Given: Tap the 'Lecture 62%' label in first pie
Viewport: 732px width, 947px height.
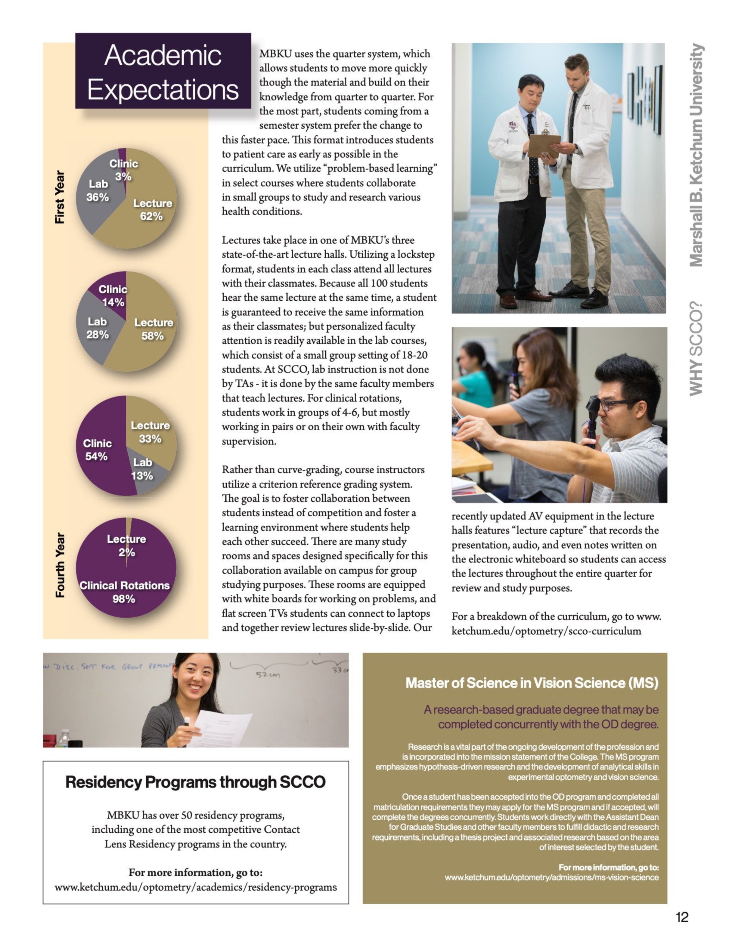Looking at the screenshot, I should coord(152,210).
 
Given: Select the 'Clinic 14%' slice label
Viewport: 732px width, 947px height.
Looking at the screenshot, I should coord(113,296).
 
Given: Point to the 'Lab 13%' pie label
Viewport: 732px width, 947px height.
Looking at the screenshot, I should coord(142,469).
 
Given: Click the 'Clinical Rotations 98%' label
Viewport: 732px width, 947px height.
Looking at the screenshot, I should coord(124,592).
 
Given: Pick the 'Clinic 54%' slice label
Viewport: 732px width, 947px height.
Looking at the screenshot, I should coord(97,450).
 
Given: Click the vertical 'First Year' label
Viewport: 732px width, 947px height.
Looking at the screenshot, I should coord(60,197).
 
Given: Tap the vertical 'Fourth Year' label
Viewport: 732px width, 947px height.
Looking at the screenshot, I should coord(60,565).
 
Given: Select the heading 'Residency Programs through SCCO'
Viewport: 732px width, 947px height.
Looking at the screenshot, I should coord(195,782).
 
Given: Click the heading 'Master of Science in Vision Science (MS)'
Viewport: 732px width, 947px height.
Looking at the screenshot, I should coord(532,683).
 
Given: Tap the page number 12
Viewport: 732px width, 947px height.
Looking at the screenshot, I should coord(682,917).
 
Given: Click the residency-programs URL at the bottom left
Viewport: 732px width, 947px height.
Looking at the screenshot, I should coord(195,887).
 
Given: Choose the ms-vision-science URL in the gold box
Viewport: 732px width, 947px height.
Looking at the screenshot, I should coord(552,877).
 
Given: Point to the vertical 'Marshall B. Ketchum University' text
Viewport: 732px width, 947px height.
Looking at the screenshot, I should coord(695,155).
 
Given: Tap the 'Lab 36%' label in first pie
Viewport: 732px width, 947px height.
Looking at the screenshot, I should coord(98,191).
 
